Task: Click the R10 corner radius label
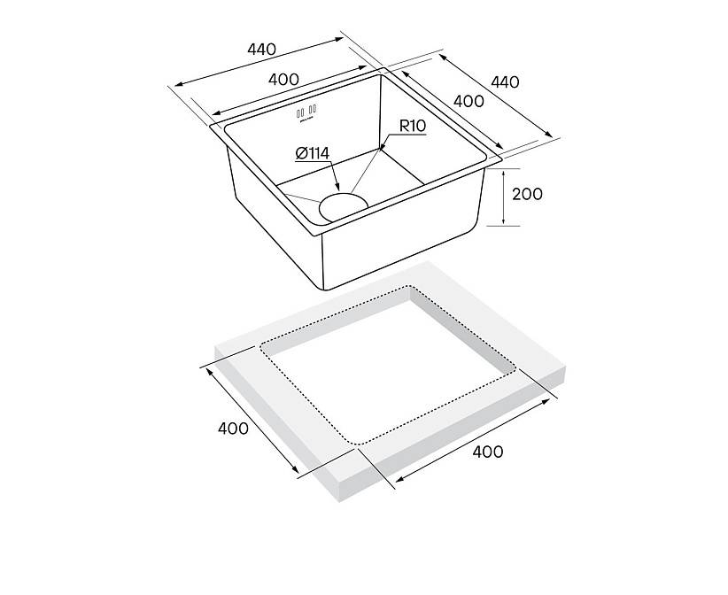click(413, 126)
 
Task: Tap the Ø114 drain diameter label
click(312, 153)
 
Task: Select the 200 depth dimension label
click(527, 194)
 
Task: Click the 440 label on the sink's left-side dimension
click(261, 49)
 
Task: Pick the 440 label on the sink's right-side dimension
click(505, 82)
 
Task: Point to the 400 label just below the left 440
click(283, 80)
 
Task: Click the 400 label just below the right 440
click(469, 101)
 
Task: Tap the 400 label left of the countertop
click(233, 428)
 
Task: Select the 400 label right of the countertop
click(487, 452)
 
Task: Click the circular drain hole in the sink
click(343, 207)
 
